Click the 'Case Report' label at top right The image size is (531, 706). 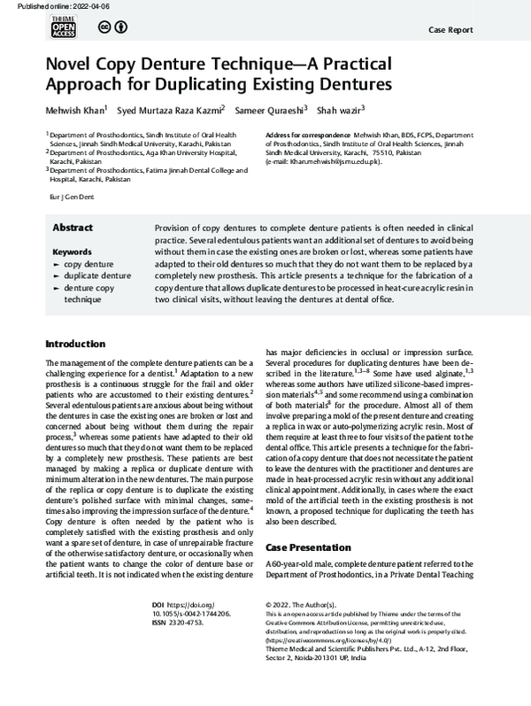tap(452, 28)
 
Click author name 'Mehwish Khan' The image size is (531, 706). tap(75, 110)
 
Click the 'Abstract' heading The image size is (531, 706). tap(73, 227)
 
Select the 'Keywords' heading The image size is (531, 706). tap(72, 252)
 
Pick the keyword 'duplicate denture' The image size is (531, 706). tap(97, 275)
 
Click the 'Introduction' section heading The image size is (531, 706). tap(75, 344)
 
